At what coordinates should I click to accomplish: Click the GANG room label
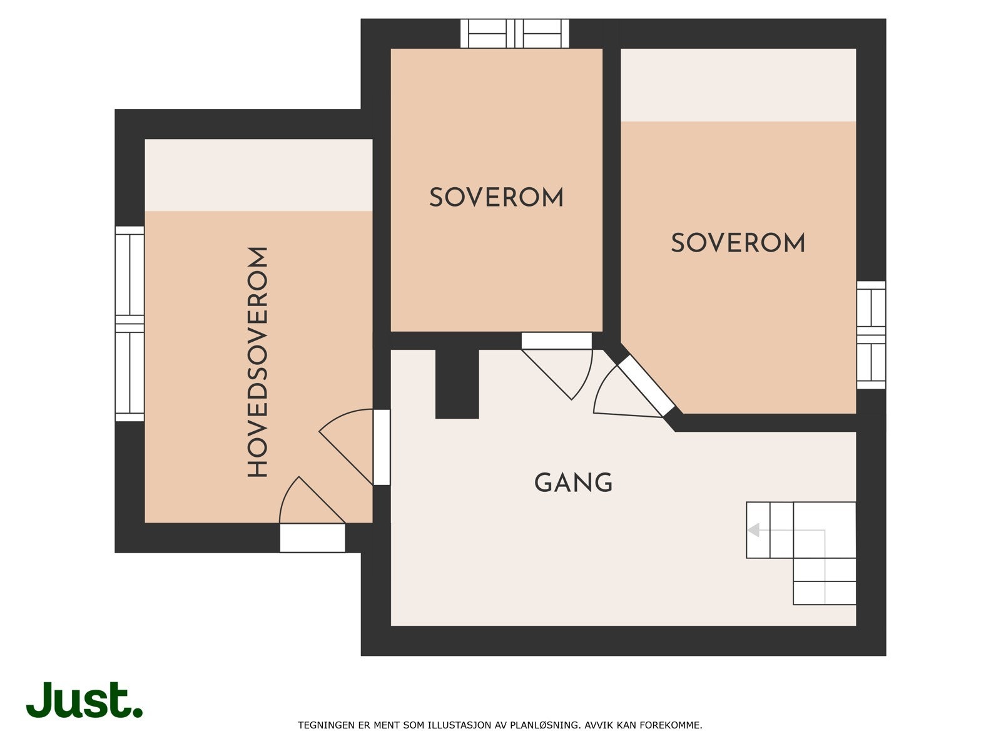(573, 483)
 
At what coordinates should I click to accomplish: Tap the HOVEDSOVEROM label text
(258, 362)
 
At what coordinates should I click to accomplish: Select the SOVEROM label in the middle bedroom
(496, 198)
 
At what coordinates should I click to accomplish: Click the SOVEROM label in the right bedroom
(738, 243)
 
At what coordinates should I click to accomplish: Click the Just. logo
(84, 700)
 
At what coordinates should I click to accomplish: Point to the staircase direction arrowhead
(754, 530)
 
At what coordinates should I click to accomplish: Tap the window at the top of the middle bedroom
(515, 33)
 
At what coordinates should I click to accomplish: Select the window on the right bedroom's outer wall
(871, 335)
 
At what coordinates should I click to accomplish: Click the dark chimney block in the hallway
(457, 384)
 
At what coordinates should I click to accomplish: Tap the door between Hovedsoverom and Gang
(381, 447)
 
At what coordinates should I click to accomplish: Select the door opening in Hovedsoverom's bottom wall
(312, 538)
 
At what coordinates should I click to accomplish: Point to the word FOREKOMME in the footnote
(676, 725)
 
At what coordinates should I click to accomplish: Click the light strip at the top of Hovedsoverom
(258, 175)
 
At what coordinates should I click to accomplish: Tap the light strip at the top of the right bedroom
(738, 84)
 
